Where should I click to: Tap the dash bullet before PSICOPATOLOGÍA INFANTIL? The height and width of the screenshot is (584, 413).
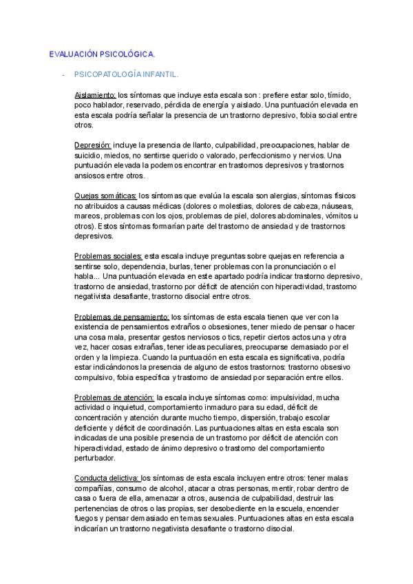pyautogui.click(x=63, y=72)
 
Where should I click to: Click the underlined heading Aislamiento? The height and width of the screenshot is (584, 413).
pyautogui.click(x=95, y=94)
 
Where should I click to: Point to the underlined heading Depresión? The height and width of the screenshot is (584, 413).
pyautogui.click(x=92, y=145)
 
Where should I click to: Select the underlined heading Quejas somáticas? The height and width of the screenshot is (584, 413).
pyautogui.click(x=105, y=196)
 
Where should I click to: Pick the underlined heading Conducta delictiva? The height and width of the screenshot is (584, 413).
pyautogui.click(x=107, y=479)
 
